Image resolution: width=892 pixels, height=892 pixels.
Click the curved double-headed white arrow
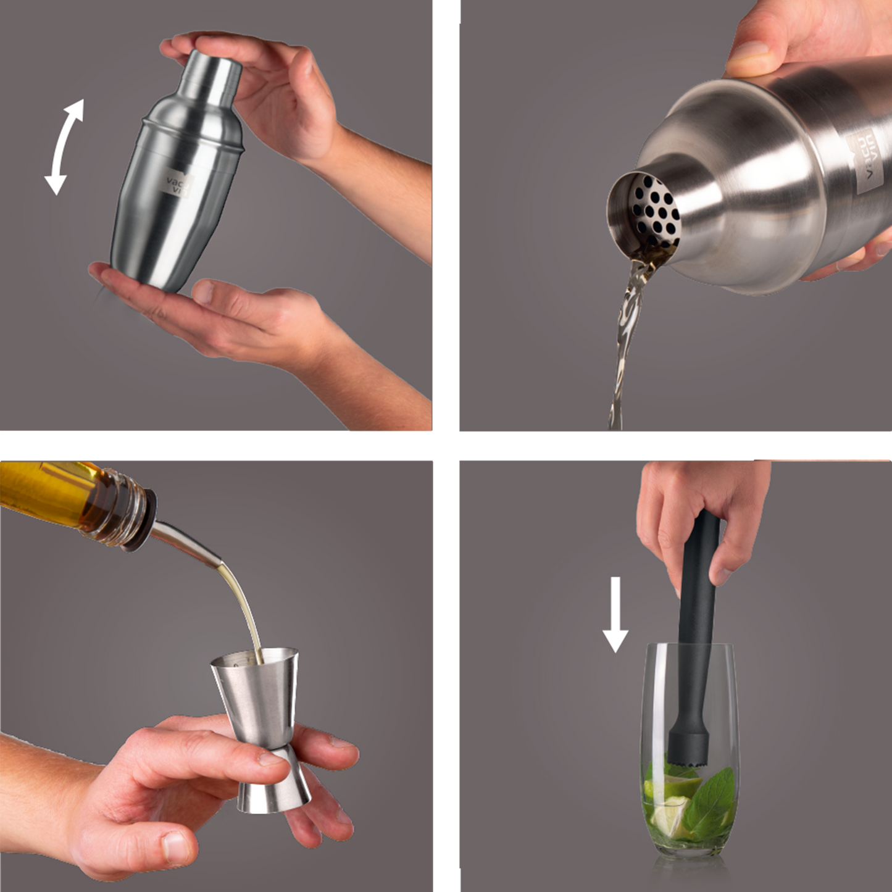pos(64,147)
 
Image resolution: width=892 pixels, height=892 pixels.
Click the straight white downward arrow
pos(615,614)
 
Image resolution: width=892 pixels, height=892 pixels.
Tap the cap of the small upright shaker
pos(214,77)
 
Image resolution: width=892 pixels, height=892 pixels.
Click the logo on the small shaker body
pos(177,184)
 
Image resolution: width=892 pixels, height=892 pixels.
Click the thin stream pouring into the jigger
pos(244,605)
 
